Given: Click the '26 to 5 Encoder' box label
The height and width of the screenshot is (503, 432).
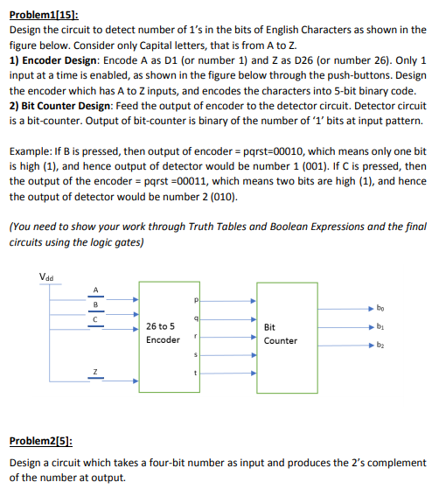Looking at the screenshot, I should (x=164, y=333).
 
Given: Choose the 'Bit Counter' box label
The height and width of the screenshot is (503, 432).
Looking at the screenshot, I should (x=280, y=334).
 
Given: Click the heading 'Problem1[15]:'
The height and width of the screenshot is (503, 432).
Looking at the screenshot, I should (x=44, y=16).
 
